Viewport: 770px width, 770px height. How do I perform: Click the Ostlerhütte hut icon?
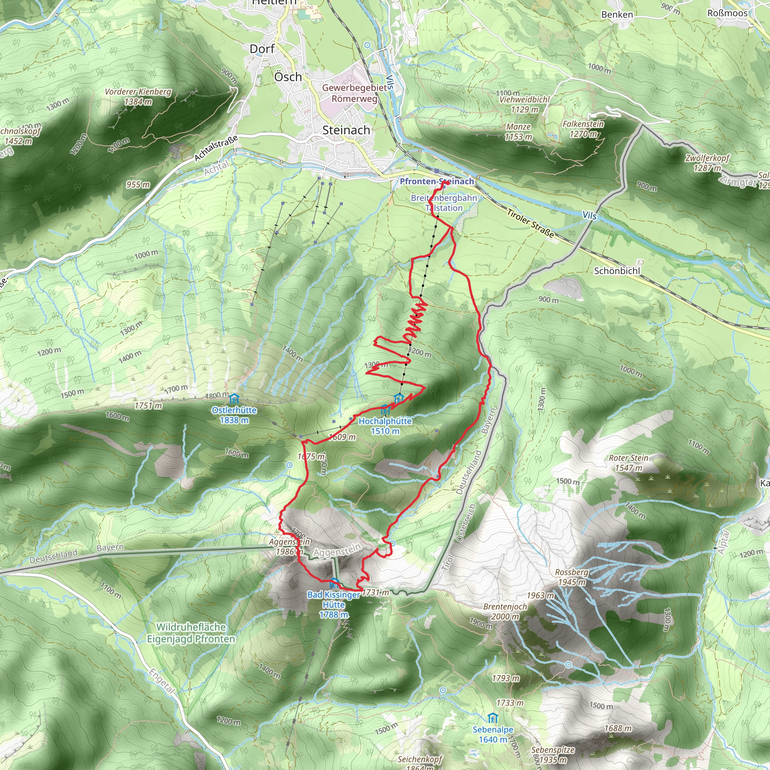point(234,399)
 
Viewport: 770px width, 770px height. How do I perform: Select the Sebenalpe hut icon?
point(493,718)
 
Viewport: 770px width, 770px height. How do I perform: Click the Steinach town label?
point(346,130)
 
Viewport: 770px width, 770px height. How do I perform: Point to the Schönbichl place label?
point(617,271)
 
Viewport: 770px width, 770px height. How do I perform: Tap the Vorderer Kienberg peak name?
point(138,92)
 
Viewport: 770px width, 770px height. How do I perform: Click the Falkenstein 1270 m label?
point(583,129)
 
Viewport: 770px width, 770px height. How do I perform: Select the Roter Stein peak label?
point(629,458)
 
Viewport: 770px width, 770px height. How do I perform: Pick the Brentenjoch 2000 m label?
point(505,611)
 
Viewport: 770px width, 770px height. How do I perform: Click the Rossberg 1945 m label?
point(571,577)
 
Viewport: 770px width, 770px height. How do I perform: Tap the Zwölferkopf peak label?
point(707,158)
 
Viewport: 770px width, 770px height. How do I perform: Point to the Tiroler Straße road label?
point(530,224)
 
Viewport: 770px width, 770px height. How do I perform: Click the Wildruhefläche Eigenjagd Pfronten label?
point(191,633)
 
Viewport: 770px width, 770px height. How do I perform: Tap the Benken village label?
point(617,15)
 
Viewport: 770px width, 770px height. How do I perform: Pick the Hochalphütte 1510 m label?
point(385,426)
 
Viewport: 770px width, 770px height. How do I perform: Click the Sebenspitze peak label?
point(553,749)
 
